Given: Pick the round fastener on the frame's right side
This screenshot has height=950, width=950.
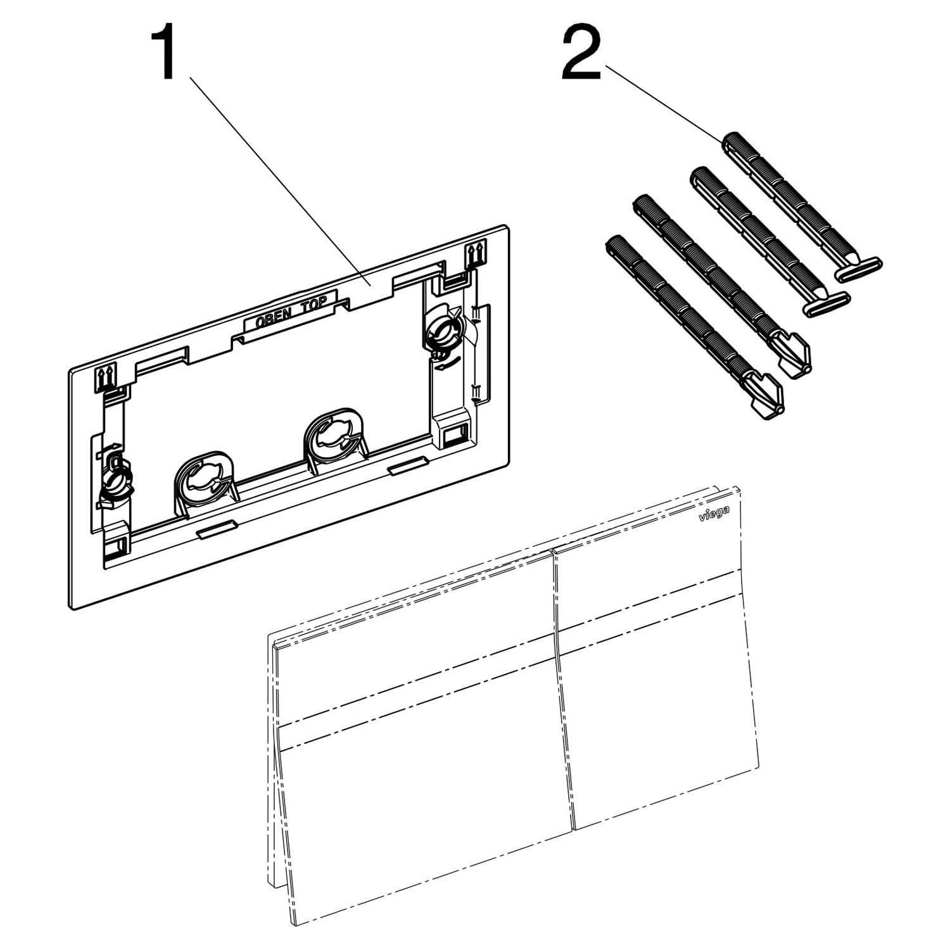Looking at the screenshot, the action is [445, 327].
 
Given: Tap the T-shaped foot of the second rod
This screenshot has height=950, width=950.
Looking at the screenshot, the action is [826, 303].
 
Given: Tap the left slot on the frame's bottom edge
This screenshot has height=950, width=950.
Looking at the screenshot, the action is [217, 529].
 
